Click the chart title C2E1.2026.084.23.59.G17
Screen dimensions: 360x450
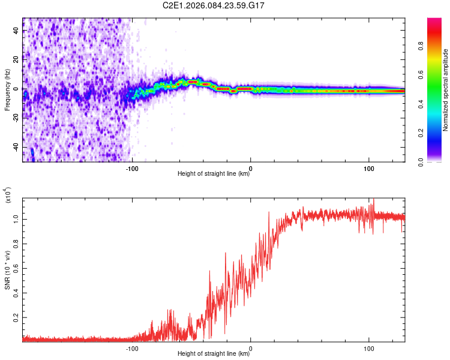[x=214, y=5]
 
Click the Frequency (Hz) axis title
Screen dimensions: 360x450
[x=8, y=90]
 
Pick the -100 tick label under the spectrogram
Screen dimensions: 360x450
[x=133, y=168]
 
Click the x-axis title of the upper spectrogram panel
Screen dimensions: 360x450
[x=214, y=174]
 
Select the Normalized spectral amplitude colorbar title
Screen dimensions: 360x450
[x=446, y=90]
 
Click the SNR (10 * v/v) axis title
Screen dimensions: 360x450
[x=8, y=270]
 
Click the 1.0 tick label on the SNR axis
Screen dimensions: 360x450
[x=17, y=219]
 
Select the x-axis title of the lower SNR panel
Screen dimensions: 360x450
[x=214, y=354]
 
